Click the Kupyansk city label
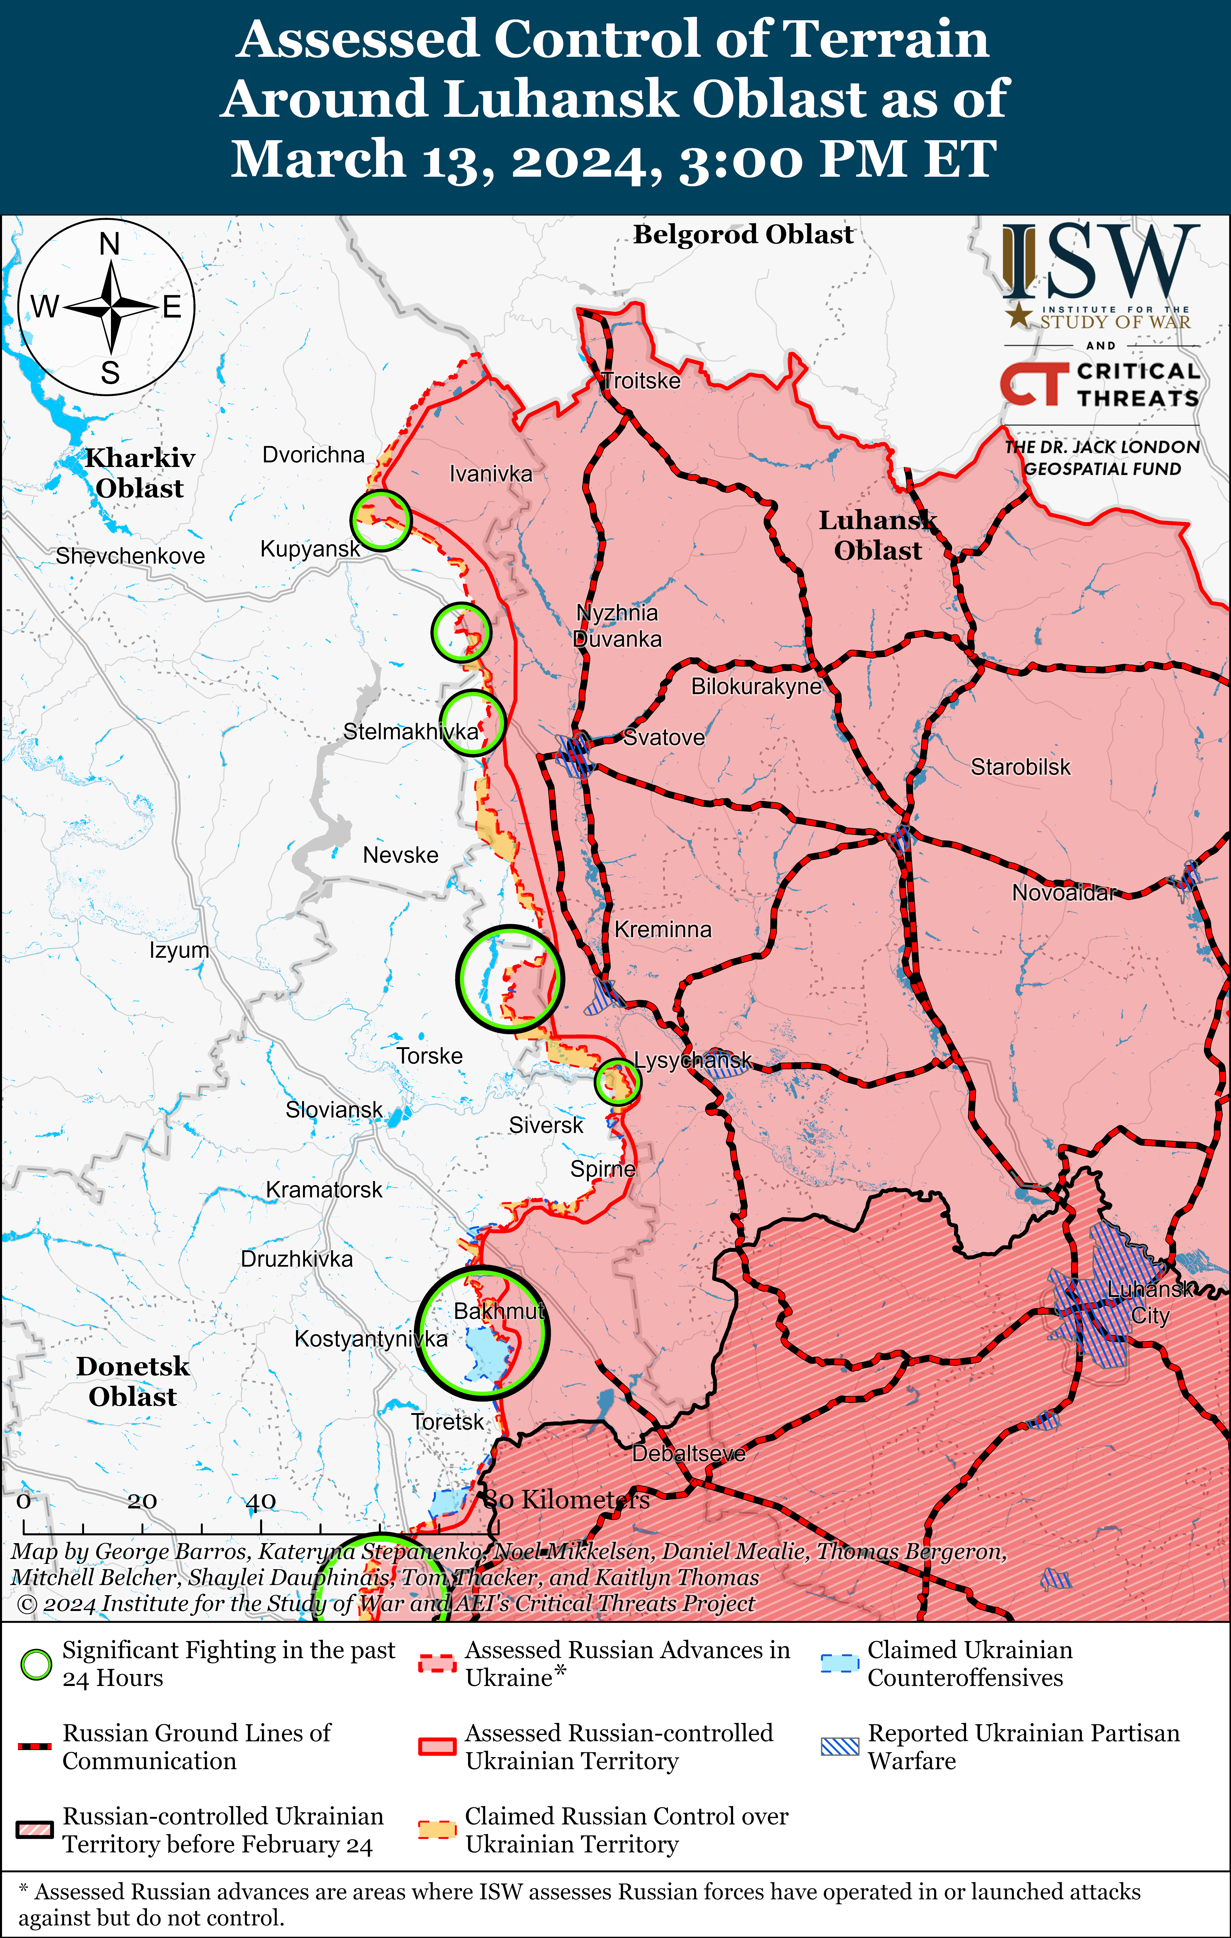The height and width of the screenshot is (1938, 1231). pyautogui.click(x=310, y=549)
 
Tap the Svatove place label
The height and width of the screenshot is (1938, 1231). pyautogui.click(x=664, y=737)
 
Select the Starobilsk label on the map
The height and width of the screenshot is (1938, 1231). pyautogui.click(x=1020, y=767)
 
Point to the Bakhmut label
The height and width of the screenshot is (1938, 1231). pyautogui.click(x=499, y=1311)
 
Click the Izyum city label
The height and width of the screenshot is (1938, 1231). pyautogui.click(x=179, y=950)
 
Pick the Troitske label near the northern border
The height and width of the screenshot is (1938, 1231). pyautogui.click(x=641, y=381)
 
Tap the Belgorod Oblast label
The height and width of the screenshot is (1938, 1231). pyautogui.click(x=743, y=234)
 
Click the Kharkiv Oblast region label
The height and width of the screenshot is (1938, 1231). pyautogui.click(x=140, y=473)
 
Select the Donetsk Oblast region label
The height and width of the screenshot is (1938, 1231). pyautogui.click(x=133, y=1381)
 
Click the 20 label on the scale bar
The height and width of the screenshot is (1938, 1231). pyautogui.click(x=142, y=1501)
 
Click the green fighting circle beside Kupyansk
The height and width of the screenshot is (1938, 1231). pyautogui.click(x=381, y=520)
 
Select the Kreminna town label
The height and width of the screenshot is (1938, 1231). pyautogui.click(x=663, y=930)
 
